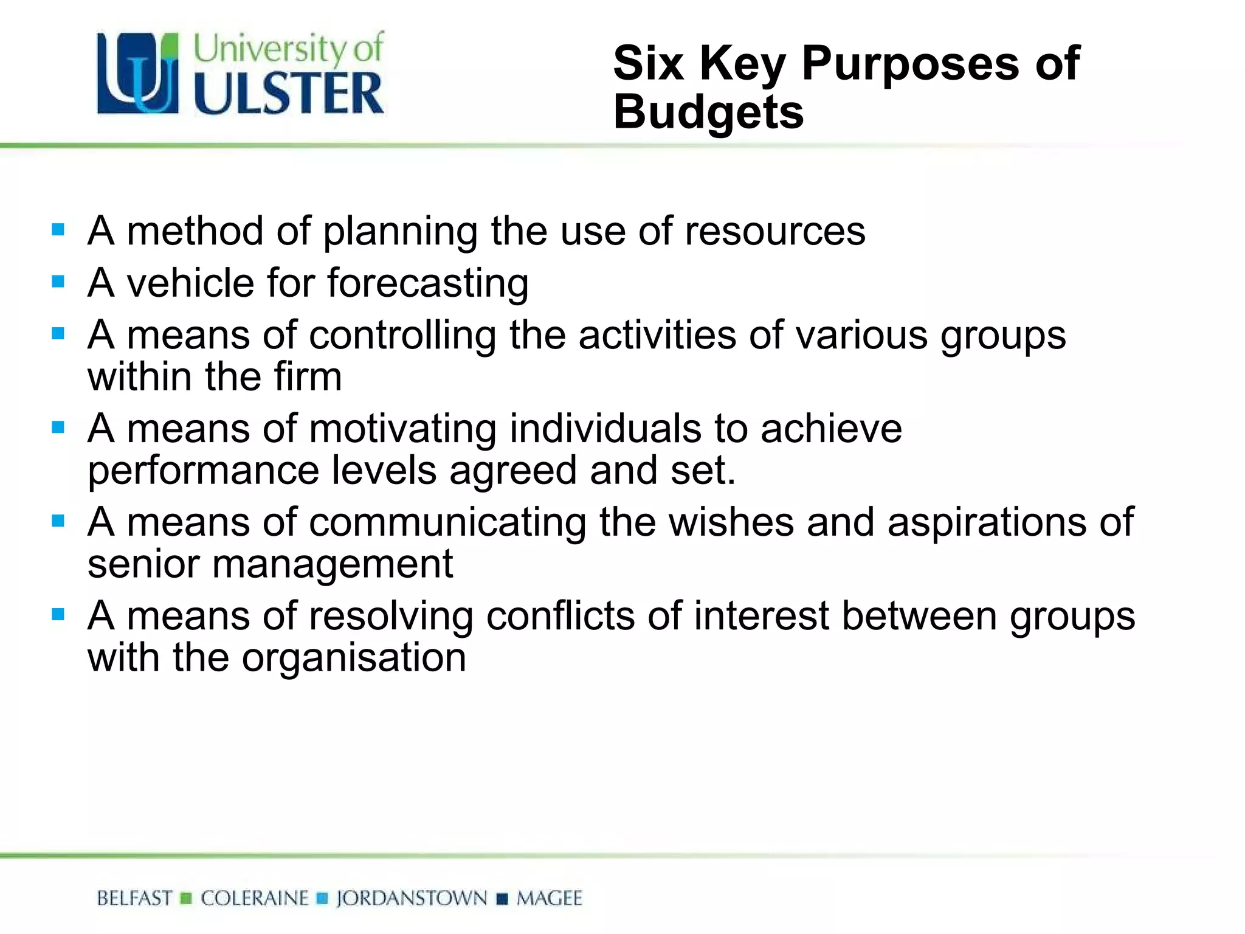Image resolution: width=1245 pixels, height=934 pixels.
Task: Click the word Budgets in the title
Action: tap(708, 112)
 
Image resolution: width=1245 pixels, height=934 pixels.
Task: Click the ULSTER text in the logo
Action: tap(289, 93)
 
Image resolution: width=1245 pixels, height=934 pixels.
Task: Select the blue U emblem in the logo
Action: tap(139, 73)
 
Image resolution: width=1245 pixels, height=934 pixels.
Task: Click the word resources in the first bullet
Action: tap(775, 231)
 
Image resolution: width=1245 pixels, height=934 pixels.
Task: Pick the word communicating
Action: tap(447, 522)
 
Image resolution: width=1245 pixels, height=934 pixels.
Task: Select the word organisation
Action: tap(354, 658)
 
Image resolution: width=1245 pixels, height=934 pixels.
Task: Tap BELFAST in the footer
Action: tap(134, 898)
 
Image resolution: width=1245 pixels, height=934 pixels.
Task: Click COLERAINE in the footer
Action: tap(255, 898)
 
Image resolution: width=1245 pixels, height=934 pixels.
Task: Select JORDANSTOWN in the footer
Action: tap(412, 898)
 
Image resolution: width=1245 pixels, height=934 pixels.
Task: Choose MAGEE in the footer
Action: tap(549, 898)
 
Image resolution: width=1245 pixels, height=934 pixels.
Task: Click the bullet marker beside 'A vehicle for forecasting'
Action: tap(58, 282)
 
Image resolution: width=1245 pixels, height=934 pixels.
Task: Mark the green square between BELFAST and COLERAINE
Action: tap(187, 898)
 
